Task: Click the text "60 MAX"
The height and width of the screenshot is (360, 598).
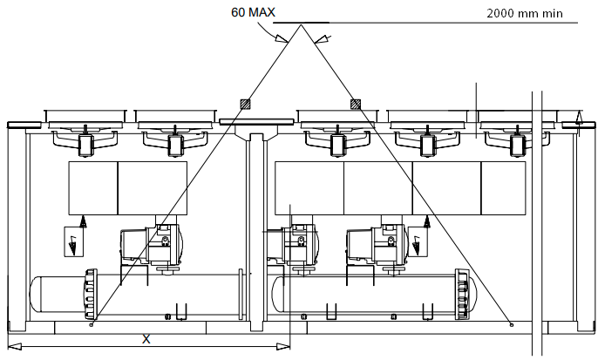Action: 255,14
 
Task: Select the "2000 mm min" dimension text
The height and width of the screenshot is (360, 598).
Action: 524,13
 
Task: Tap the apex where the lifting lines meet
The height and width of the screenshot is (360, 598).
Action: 302,26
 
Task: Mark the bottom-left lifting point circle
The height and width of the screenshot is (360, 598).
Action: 92,323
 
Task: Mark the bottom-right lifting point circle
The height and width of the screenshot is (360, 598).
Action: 511,323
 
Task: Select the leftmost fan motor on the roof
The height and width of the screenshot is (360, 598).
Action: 85,145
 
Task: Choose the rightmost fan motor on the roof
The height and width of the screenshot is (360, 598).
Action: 517,145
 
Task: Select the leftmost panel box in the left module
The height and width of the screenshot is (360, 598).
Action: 93,187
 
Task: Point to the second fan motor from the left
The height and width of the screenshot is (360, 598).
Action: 175,145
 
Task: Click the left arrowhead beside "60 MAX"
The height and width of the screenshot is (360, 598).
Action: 281,38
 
